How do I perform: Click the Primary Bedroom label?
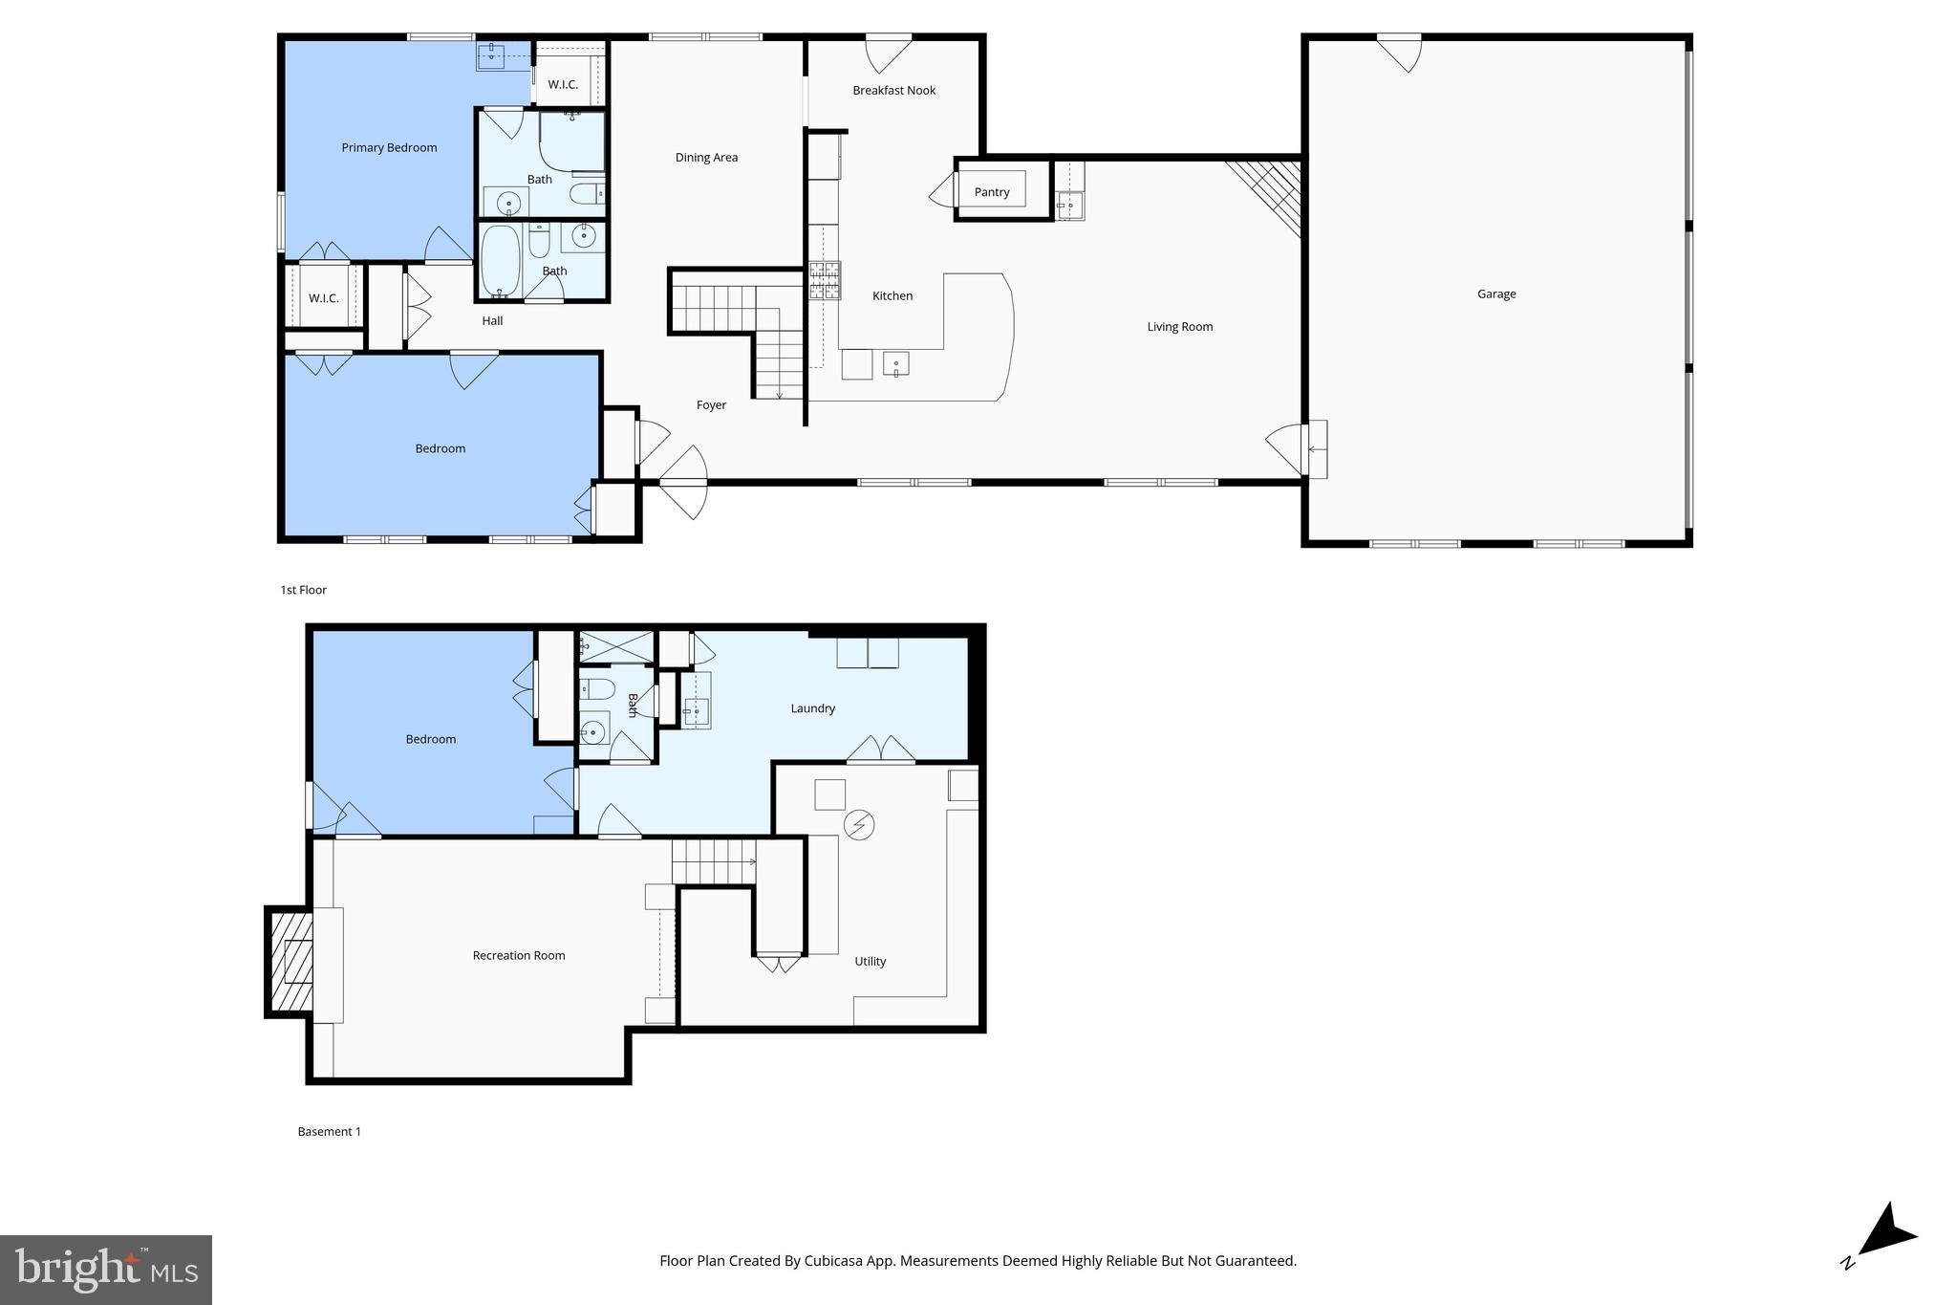tap(389, 147)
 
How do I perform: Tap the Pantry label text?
tap(991, 192)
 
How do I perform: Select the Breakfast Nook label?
tap(893, 91)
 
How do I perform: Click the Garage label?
tap(1495, 294)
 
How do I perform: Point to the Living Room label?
tap(1179, 327)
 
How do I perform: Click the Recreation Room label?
tap(518, 955)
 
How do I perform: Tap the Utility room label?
tap(870, 962)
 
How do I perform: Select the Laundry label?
tap(812, 708)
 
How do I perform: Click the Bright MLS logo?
tap(105, 1270)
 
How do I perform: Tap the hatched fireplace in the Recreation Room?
tap(292, 962)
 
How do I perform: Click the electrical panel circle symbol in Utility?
tap(859, 824)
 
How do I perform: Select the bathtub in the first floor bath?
tap(500, 260)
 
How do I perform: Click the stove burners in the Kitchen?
tap(825, 281)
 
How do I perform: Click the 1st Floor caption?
tap(303, 590)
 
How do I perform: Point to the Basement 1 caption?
tap(329, 1132)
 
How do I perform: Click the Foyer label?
tap(711, 405)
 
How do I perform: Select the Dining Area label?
tap(706, 158)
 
